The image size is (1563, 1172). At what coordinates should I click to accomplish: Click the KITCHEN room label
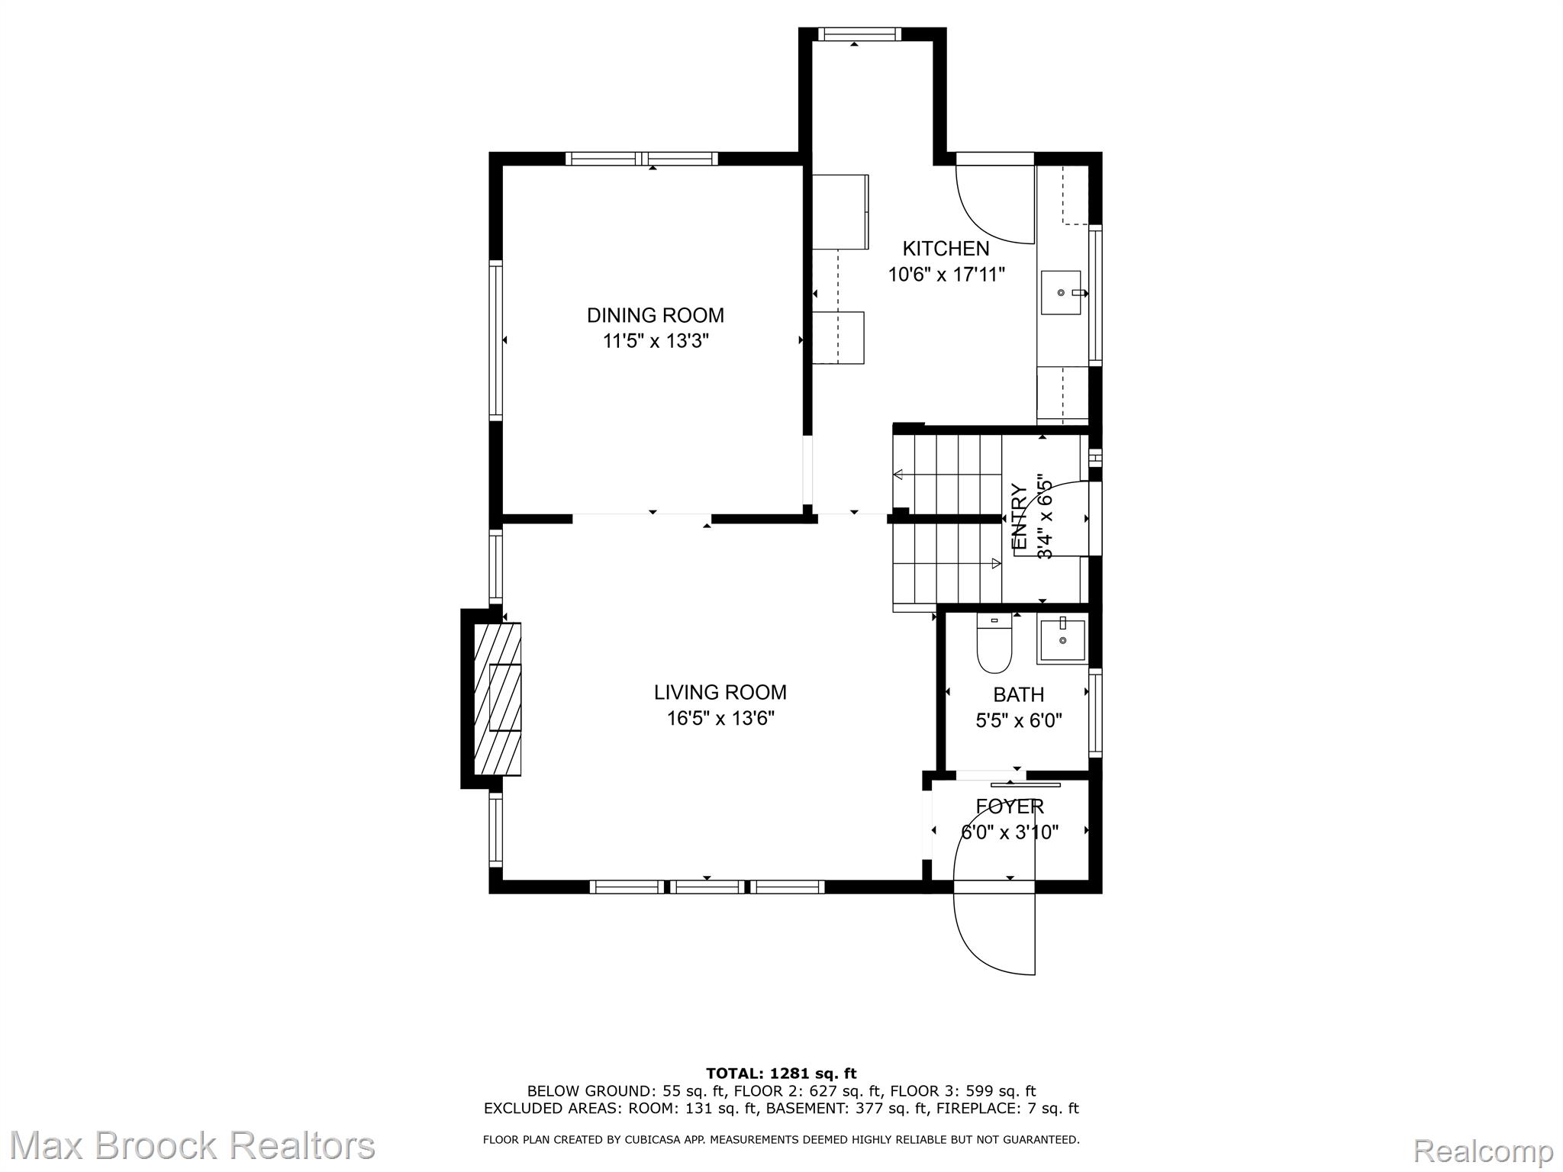pos(946,248)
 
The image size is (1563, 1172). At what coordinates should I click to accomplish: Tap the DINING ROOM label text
pos(656,315)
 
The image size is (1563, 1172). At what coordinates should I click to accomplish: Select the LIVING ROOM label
pos(720,692)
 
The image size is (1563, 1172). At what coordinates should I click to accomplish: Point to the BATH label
pos(1019,694)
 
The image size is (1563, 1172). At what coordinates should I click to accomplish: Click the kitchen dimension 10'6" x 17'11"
pos(946,274)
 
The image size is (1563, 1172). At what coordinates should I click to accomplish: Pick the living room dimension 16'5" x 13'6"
pos(720,718)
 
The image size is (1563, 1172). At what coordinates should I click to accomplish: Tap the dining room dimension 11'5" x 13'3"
pos(656,341)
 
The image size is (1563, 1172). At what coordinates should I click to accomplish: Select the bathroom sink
pos(1062,642)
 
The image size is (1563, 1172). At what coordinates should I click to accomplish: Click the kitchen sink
pos(1062,292)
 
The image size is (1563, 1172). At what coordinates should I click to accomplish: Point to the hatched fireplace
pos(498,699)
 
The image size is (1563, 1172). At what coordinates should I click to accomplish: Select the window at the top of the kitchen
pos(859,34)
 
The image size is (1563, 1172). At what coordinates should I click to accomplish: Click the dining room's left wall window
pos(496,340)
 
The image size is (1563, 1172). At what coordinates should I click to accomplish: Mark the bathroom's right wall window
pos(1095,713)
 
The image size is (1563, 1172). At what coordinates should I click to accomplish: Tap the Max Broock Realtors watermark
pos(192,1146)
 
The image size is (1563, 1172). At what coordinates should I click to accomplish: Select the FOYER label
pos(1010,807)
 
